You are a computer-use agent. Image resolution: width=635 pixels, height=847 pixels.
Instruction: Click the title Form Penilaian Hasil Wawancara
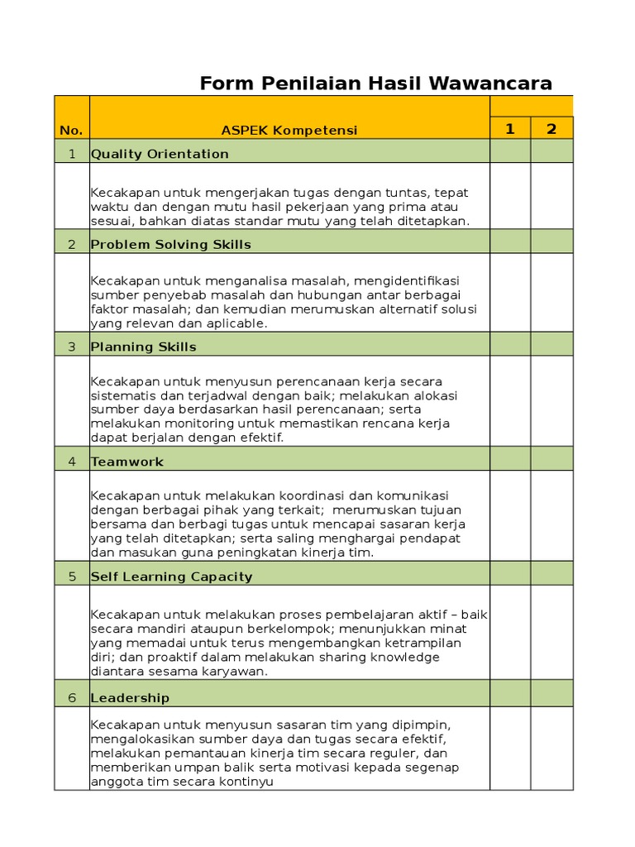coord(376,84)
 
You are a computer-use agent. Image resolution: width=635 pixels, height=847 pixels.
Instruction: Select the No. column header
coord(71,130)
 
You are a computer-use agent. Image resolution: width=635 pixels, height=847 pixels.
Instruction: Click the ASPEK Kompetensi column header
coord(289,130)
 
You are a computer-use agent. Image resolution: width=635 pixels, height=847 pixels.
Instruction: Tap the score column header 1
coord(510,128)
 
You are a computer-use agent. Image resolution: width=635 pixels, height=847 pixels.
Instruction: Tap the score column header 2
coord(551,128)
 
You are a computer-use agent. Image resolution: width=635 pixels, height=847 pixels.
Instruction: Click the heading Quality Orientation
coord(160,154)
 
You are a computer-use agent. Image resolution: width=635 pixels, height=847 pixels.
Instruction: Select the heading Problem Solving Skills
coord(170,244)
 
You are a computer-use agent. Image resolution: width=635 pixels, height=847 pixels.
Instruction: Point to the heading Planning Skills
coord(144,347)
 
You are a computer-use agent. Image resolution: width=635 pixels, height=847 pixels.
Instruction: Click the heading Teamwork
coord(127,462)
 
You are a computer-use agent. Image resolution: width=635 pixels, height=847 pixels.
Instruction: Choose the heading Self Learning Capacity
coord(171,577)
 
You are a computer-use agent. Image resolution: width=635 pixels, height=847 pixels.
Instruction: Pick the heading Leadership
coord(130,697)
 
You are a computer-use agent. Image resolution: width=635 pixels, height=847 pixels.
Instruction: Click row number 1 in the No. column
coord(72,154)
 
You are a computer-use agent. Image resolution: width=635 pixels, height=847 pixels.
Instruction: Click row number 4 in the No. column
coord(72,462)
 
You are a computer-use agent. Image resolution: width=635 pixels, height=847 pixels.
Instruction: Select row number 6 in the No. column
coord(72,697)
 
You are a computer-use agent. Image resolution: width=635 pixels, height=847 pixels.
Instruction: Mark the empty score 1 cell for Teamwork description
coord(510,515)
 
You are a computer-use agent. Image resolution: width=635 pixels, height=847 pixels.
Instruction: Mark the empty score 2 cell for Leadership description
coord(551,749)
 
